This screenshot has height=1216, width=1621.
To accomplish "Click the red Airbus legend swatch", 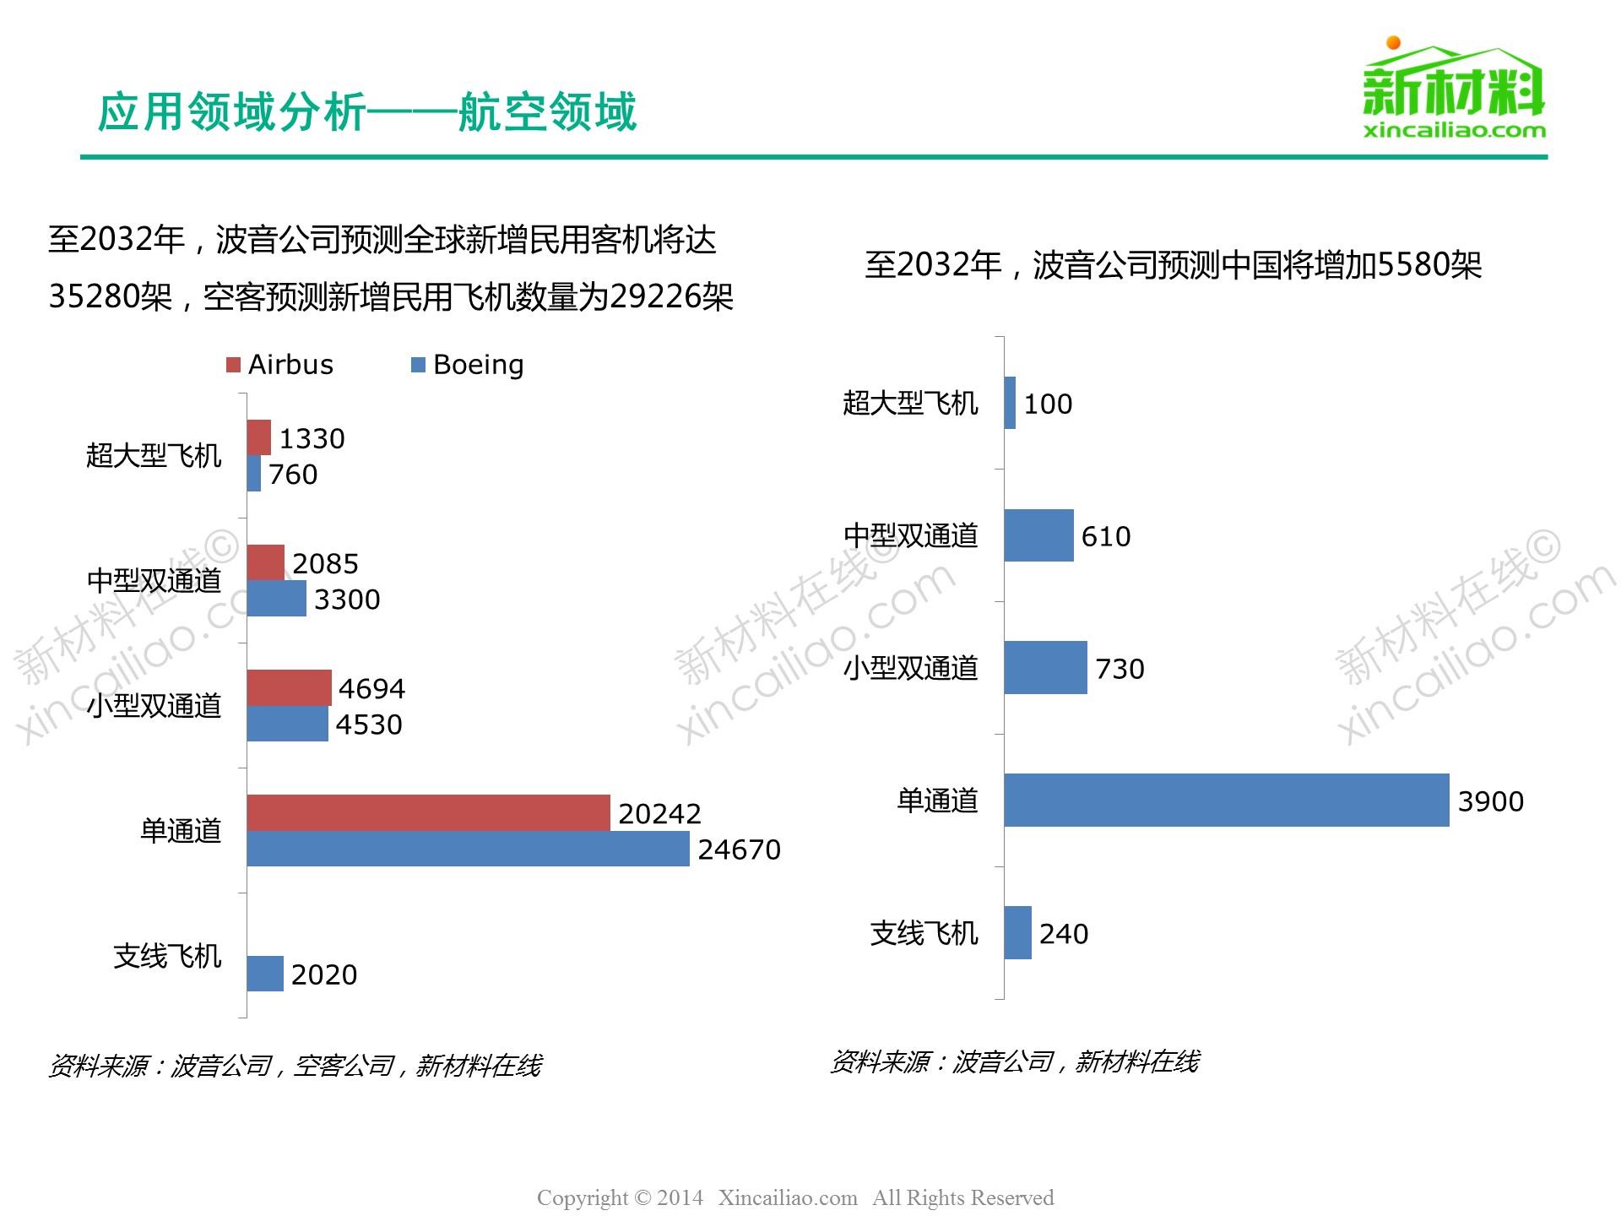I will (234, 365).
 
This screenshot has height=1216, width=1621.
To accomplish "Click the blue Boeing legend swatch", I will (418, 365).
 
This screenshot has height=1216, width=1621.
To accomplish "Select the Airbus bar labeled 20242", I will (428, 812).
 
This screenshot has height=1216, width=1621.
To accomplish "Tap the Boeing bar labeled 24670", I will (468, 849).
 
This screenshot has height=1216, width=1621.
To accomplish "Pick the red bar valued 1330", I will (258, 437).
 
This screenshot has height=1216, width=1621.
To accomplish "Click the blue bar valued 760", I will (253, 474).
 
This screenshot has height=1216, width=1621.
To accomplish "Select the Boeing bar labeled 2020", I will (265, 974).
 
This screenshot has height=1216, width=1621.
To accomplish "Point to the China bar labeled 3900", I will (1226, 800).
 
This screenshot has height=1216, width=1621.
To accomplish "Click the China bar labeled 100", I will (1010, 403).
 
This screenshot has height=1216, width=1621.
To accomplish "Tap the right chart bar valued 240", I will (1017, 932).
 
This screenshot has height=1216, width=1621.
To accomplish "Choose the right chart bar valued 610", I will (1038, 535).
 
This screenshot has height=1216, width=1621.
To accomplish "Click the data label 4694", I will (371, 689).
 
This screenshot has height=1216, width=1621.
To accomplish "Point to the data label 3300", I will (347, 600).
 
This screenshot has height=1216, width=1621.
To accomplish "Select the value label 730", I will (1120, 669).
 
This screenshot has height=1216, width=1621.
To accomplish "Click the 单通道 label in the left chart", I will (181, 831).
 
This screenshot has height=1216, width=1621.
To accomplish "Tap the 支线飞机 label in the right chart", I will (924, 933).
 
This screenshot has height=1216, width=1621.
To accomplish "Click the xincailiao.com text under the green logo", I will (1454, 130).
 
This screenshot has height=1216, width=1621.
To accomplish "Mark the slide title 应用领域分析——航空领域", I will (367, 112).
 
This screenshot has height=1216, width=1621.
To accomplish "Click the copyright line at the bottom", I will (795, 1197).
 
